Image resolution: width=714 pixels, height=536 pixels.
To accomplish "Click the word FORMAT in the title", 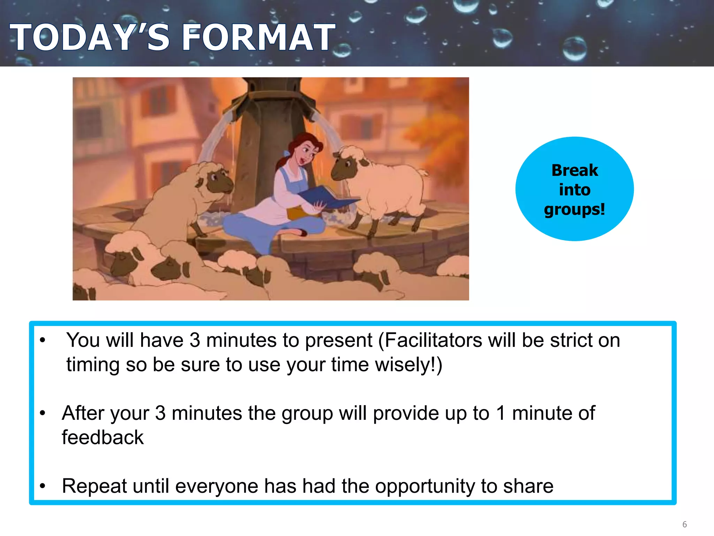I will [258, 37].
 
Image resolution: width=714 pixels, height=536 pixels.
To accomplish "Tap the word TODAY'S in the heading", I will [90, 37].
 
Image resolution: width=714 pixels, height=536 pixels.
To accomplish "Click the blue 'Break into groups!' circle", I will [574, 189].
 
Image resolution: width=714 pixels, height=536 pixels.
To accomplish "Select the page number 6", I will [684, 524].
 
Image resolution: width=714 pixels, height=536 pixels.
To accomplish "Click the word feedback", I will [102, 438].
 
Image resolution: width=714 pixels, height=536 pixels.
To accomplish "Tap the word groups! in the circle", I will [574, 209].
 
